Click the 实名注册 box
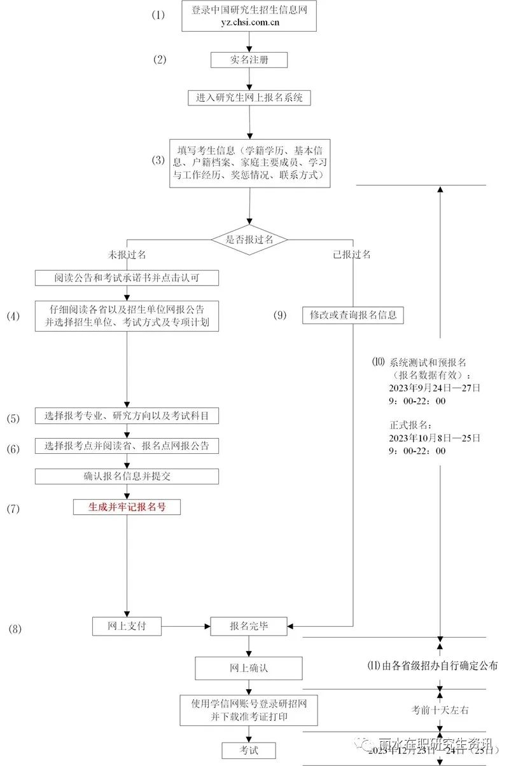(x=249, y=60)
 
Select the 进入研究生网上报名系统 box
(x=249, y=98)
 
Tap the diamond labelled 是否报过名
(x=249, y=239)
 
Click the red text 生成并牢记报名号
(x=127, y=507)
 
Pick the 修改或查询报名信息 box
(x=352, y=315)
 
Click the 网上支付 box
(x=127, y=626)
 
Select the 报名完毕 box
(x=249, y=626)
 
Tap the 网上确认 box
(x=249, y=668)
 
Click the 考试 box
(x=249, y=750)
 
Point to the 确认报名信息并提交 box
(x=127, y=476)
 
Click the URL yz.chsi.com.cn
(x=249, y=23)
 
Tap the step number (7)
(x=14, y=509)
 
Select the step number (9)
(x=280, y=315)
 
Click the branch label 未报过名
(x=127, y=254)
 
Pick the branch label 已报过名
(x=352, y=254)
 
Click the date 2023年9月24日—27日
(x=435, y=387)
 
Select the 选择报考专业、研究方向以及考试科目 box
(x=127, y=416)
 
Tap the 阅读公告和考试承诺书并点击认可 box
(x=127, y=278)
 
